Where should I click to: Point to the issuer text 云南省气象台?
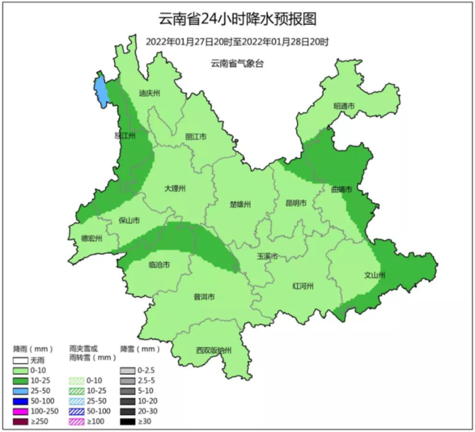pyautogui.click(x=237, y=64)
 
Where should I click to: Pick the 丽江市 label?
pyautogui.click(x=196, y=136)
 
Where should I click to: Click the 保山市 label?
pyautogui.click(x=129, y=221)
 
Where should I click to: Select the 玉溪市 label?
pyautogui.click(x=267, y=255)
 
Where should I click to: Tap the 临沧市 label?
pyautogui.click(x=159, y=265)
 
